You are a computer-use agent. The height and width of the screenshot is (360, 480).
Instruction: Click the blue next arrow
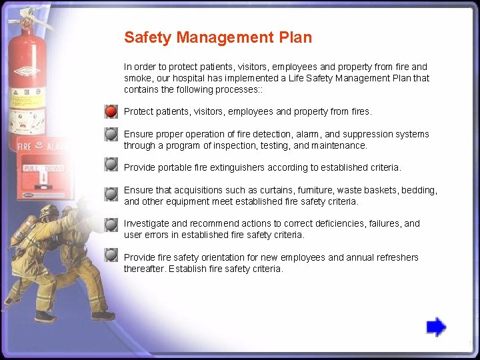coord(436,327)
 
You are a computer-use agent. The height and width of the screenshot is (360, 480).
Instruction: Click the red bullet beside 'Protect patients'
coord(111,111)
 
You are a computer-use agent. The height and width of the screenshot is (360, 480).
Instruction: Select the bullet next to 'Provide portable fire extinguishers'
coord(111,163)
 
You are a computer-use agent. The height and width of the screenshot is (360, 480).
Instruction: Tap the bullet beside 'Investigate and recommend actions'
coord(111,225)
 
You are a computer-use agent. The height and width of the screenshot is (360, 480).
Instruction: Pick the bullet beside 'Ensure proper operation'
coord(111,134)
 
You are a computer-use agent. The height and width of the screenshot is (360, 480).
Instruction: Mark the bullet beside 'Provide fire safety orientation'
coord(111,255)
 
